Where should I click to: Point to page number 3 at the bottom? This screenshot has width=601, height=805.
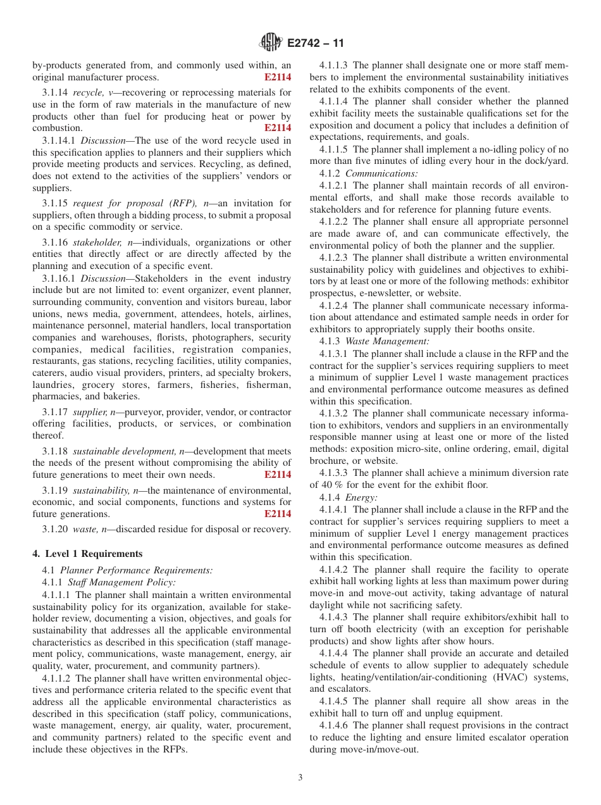pos(300,778)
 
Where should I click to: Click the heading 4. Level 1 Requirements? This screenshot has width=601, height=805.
pos(87,554)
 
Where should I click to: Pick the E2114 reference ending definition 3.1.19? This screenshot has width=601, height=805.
pos(278,514)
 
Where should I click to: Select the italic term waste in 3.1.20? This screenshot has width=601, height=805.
pos(84,529)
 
